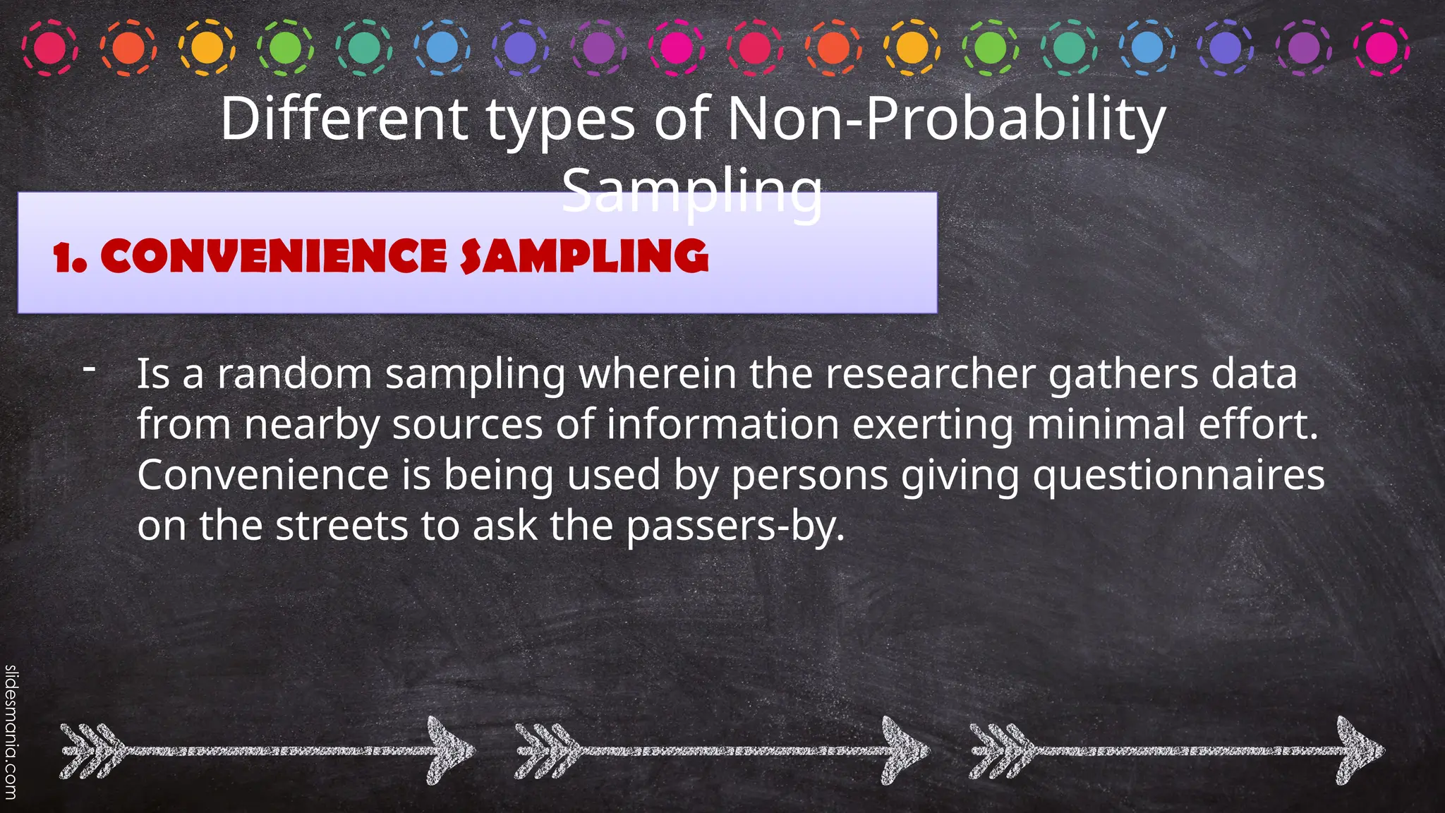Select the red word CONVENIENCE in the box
pyautogui.click(x=274, y=256)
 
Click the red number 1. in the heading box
pyautogui.click(x=70, y=258)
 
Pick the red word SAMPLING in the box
pyautogui.click(x=584, y=256)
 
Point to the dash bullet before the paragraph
pyautogui.click(x=89, y=368)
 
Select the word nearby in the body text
pyautogui.click(x=311, y=425)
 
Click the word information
pyautogui.click(x=722, y=425)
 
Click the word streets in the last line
pyautogui.click(x=341, y=526)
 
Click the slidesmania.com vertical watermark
pyautogui.click(x=11, y=735)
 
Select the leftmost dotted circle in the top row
pyautogui.click(x=49, y=48)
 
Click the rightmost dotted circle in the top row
pyautogui.click(x=1381, y=48)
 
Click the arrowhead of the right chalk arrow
pyautogui.click(x=1359, y=750)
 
